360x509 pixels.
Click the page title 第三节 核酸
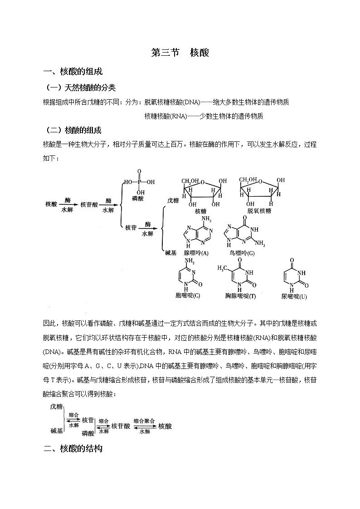click(x=180, y=53)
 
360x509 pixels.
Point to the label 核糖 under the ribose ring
click(x=200, y=211)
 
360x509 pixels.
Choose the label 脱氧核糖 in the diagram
click(x=259, y=211)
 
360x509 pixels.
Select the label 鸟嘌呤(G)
click(x=242, y=252)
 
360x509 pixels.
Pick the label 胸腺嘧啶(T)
click(x=241, y=296)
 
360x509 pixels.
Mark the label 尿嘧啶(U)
click(x=294, y=296)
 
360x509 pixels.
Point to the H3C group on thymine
click(x=223, y=269)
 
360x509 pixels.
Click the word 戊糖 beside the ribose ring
click(x=173, y=200)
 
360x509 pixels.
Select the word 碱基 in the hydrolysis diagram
click(x=171, y=253)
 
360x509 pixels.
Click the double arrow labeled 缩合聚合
click(x=145, y=426)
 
